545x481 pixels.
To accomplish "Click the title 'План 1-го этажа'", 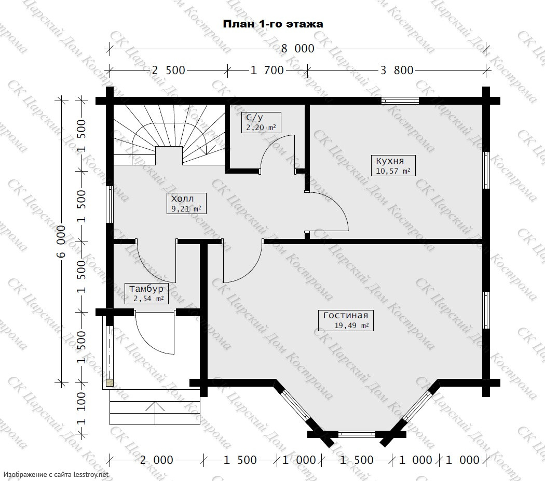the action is coord(273,24).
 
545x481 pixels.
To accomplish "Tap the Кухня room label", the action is coord(393,165).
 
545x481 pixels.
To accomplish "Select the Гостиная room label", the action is coord(346,320).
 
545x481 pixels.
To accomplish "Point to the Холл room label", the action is coord(186,203).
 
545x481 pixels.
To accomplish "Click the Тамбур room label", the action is coord(146,293).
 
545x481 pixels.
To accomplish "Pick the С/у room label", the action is coord(261,122).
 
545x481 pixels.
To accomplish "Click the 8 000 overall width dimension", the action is coord(297,49).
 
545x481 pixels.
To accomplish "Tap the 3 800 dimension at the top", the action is coord(397,70).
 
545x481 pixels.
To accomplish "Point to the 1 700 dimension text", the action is coord(267,70).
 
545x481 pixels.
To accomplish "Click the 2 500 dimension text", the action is coord(169,70).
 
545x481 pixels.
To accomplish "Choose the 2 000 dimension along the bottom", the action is coord(156,460).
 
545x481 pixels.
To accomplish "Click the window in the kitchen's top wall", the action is coord(400,101).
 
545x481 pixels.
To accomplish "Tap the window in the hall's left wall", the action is coord(110,205).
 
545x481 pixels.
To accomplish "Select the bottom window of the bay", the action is coord(357,434).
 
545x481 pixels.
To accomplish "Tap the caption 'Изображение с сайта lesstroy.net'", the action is coord(57,474).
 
